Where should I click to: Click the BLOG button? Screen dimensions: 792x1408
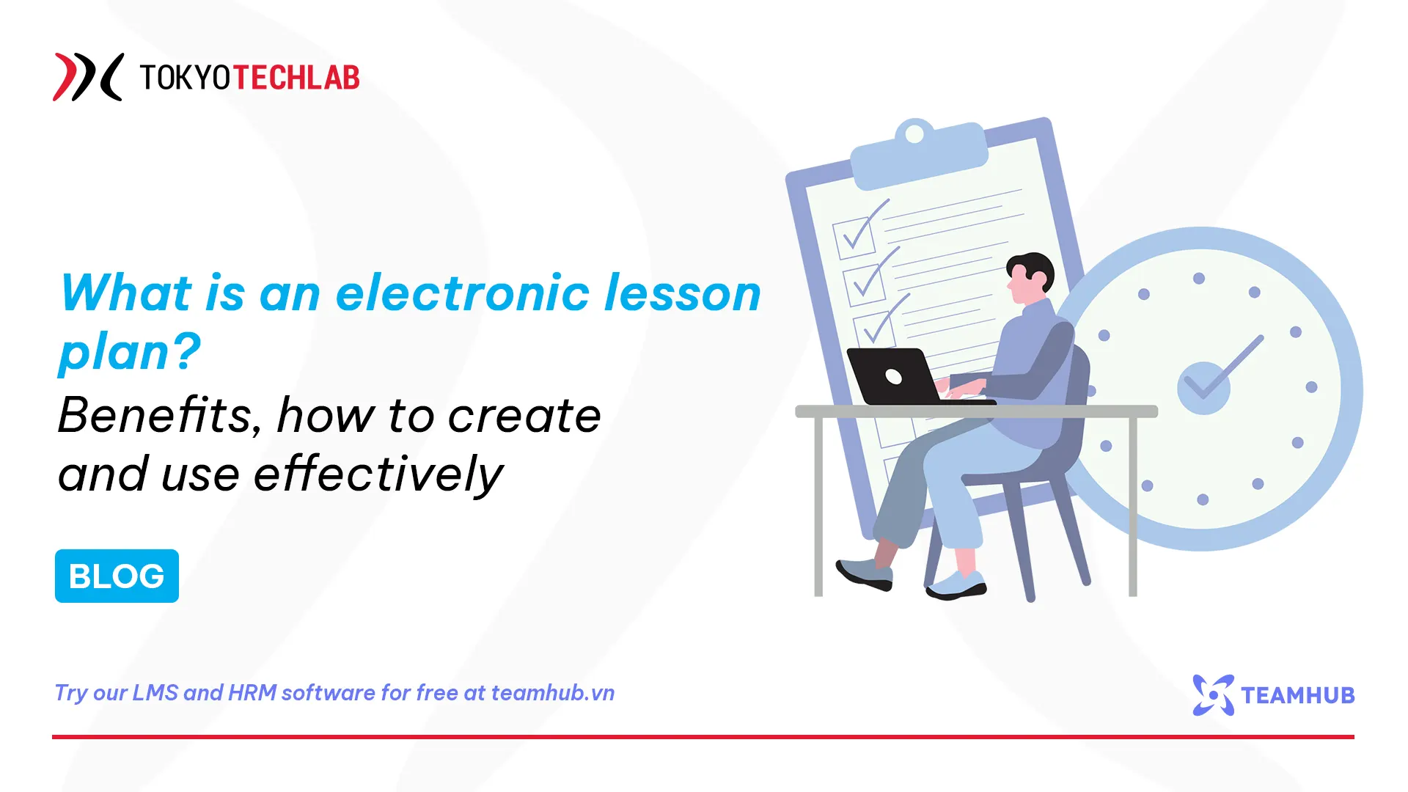click(117, 576)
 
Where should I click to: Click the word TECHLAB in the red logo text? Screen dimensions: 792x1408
click(296, 78)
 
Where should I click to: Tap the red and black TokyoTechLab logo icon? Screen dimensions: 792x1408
click(87, 76)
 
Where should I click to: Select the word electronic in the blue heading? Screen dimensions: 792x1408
click(463, 293)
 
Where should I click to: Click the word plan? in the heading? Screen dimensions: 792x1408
click(129, 352)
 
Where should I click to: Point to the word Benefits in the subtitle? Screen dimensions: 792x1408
click(155, 416)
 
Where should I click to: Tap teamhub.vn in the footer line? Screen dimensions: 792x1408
click(552, 693)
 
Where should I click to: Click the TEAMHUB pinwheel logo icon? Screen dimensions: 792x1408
click(1213, 694)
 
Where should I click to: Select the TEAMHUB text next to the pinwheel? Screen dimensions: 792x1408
click(1297, 695)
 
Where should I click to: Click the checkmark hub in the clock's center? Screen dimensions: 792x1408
click(1203, 387)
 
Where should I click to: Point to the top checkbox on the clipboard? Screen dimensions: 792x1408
click(854, 238)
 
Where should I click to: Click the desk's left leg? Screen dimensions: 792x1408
click(819, 506)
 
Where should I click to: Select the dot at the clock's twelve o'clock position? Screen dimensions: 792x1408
click(1199, 278)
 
